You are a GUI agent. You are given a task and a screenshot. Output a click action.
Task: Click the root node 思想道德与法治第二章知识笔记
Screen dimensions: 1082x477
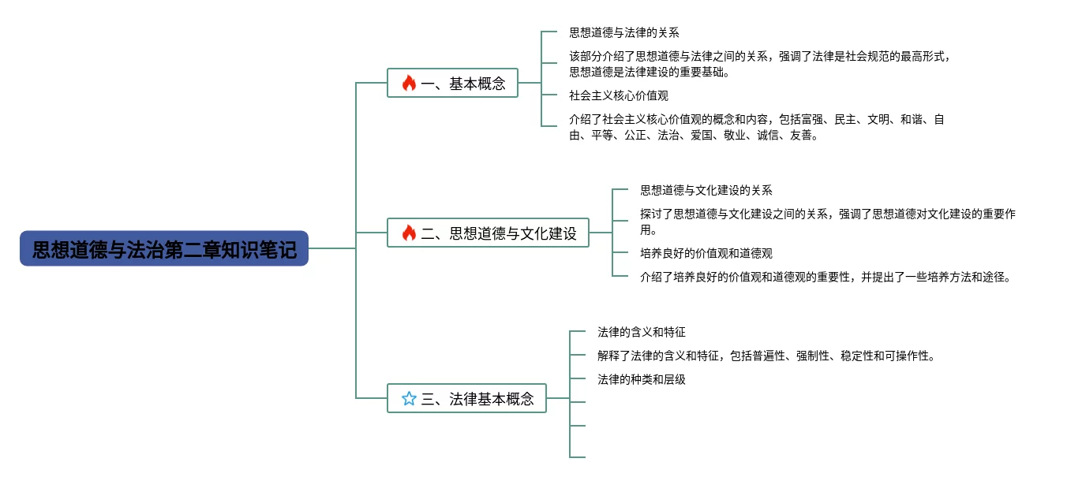click(x=163, y=248)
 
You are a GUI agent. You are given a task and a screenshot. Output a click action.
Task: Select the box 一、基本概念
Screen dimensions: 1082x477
click(x=452, y=83)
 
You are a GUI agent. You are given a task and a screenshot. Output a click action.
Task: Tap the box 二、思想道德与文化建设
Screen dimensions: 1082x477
click(x=488, y=233)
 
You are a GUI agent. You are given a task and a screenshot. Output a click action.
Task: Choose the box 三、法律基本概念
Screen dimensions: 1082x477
click(x=466, y=398)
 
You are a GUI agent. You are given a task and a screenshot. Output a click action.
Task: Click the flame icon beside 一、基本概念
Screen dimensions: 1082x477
click(x=409, y=83)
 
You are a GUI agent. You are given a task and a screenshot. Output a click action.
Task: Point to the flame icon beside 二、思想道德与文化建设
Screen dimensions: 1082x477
click(x=409, y=233)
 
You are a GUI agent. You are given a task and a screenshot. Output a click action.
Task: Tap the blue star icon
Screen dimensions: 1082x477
click(x=409, y=398)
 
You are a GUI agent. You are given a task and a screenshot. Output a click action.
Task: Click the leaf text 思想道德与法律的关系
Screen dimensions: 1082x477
click(x=624, y=32)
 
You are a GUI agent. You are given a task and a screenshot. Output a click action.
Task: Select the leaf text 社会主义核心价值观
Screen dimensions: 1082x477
click(x=619, y=95)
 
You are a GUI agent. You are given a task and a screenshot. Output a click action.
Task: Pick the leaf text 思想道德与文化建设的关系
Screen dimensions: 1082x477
click(x=706, y=190)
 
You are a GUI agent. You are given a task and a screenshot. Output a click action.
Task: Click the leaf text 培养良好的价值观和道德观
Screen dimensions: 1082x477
click(x=706, y=253)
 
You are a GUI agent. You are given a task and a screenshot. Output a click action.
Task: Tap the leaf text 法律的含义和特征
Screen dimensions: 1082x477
click(x=642, y=332)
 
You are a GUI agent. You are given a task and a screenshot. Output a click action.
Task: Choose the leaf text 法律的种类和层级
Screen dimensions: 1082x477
click(x=642, y=379)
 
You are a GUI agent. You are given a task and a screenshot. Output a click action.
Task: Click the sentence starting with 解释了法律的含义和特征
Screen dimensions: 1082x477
click(x=767, y=356)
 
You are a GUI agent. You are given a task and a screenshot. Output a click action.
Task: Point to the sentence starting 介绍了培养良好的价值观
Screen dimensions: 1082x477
click(x=826, y=277)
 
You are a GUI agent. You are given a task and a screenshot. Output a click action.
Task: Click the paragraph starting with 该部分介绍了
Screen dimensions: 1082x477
click(x=760, y=64)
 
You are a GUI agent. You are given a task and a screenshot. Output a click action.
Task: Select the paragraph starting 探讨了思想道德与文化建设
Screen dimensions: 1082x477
click(x=828, y=222)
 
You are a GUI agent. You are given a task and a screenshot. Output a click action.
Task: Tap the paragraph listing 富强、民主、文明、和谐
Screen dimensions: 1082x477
click(x=756, y=127)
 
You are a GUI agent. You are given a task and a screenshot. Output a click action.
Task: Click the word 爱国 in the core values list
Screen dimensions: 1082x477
click(x=702, y=135)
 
